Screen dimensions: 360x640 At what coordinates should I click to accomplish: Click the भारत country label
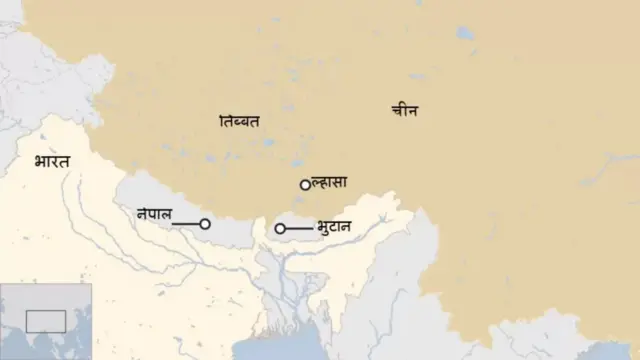(52, 161)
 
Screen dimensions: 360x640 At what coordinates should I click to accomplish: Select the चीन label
(404, 112)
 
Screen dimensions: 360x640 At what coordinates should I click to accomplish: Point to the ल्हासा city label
(330, 183)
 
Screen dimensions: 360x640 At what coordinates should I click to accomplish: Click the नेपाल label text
(155, 212)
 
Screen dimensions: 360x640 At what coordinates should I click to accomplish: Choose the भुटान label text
(334, 227)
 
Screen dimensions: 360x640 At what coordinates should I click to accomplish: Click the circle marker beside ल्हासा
(305, 185)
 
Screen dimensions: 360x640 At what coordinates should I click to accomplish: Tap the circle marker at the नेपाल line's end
(205, 225)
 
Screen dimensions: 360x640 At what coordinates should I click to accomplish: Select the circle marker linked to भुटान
(280, 230)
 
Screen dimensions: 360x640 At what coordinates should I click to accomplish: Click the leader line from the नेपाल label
(186, 225)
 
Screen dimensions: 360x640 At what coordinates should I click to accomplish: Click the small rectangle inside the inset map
(46, 321)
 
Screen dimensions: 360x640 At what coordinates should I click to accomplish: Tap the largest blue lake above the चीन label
(465, 32)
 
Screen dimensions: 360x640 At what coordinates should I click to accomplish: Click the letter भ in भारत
(39, 162)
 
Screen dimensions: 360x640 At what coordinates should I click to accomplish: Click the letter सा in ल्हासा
(340, 183)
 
